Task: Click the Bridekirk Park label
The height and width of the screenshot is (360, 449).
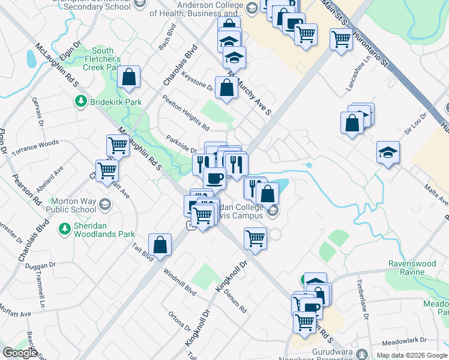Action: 116,103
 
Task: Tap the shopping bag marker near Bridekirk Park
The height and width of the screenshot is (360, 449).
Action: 129,77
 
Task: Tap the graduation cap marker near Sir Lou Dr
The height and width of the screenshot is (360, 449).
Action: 388,153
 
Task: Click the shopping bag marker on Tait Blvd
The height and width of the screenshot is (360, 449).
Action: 160,244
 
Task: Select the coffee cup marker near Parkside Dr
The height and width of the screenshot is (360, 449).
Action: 214,177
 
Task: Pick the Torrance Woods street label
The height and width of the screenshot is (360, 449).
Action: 40,145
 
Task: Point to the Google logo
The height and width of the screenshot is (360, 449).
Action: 19,352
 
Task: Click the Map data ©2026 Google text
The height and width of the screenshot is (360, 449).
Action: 412,355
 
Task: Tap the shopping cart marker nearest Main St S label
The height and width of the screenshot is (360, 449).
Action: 341,39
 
